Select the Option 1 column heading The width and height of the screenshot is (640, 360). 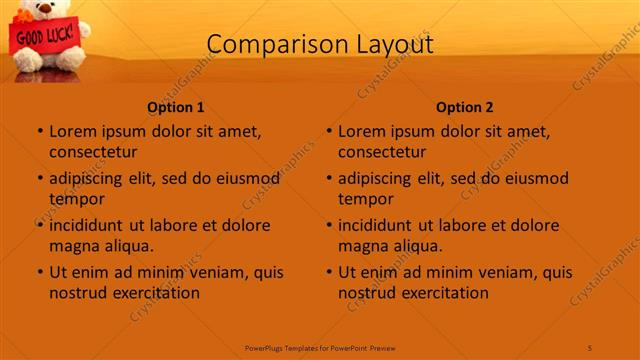click(x=176, y=107)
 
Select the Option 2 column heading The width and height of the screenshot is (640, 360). click(x=465, y=107)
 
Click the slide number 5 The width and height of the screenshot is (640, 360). click(x=590, y=347)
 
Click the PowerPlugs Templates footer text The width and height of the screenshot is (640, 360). click(x=320, y=347)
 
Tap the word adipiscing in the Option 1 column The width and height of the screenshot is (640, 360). click(x=86, y=179)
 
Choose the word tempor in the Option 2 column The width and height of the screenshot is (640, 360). click(x=367, y=199)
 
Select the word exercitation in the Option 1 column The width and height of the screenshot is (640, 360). click(x=155, y=293)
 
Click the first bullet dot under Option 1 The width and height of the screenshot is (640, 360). click(x=39, y=132)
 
